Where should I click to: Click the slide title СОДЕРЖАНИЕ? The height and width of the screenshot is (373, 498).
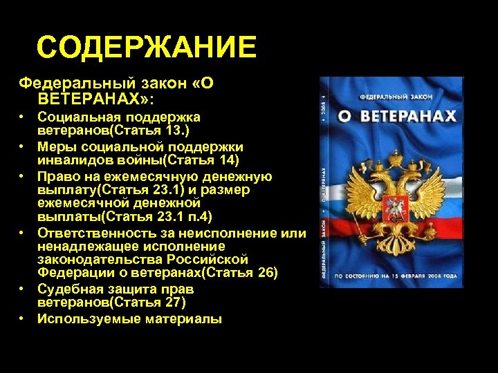[x=146, y=48]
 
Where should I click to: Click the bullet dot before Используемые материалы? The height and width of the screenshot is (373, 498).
[x=23, y=318]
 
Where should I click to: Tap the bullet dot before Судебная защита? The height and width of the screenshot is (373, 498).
[x=23, y=289]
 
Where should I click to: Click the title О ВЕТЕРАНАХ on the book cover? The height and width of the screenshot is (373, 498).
[x=398, y=116]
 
